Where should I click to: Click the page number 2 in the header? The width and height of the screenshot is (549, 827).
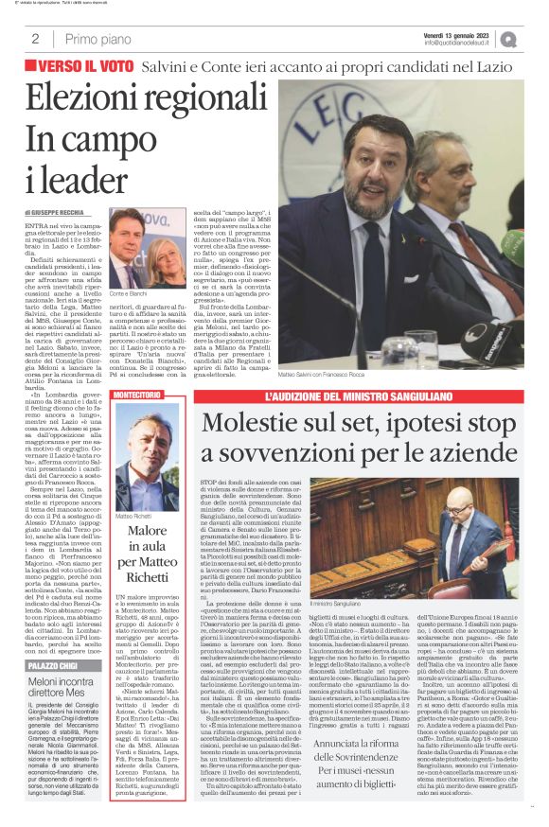35,39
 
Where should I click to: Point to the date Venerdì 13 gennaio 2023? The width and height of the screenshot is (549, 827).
458,33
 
